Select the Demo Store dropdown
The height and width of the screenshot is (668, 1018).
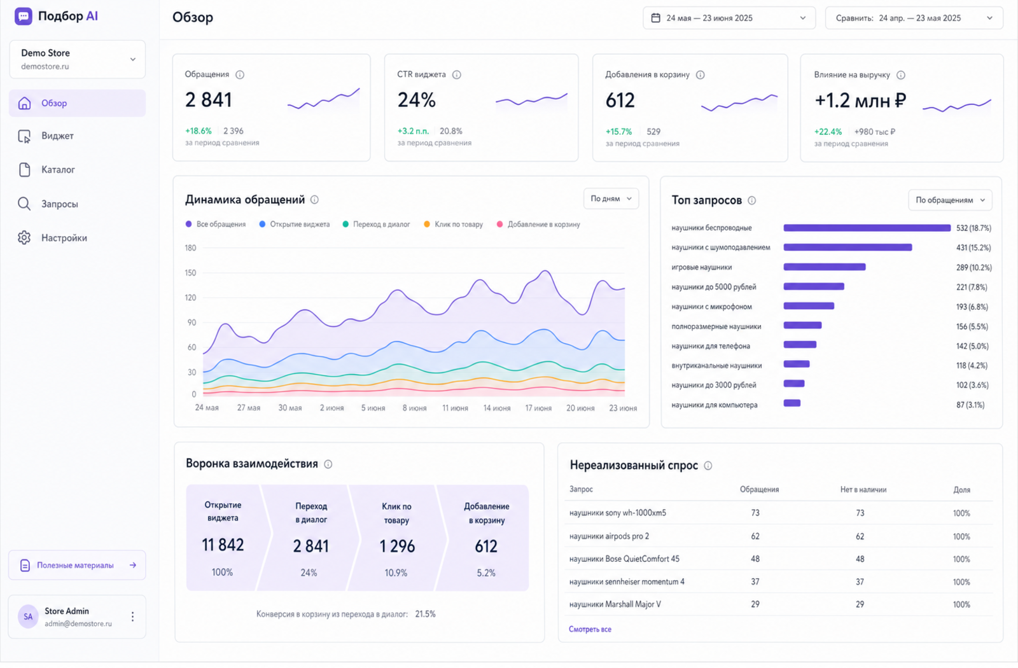[x=77, y=59]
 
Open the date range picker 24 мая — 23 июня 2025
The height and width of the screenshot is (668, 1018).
[x=729, y=18]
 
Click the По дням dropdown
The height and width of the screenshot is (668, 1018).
[x=611, y=198]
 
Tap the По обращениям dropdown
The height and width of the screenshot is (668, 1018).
[x=950, y=200]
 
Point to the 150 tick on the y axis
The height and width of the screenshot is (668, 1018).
[x=190, y=273]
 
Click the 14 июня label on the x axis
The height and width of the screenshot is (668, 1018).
[x=497, y=408]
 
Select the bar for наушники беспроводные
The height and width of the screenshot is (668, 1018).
[x=867, y=228]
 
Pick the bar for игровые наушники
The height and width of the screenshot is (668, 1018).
[x=825, y=267]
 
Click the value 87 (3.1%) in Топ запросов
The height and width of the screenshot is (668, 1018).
[x=970, y=405]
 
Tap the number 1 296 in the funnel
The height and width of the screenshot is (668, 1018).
[x=397, y=546]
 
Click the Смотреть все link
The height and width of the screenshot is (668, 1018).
[x=590, y=629]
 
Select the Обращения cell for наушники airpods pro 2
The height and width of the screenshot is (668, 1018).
[x=755, y=536]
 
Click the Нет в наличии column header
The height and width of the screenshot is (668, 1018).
[x=863, y=489]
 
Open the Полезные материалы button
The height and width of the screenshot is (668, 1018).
[x=77, y=566]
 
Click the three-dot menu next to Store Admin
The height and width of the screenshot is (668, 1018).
[x=133, y=616]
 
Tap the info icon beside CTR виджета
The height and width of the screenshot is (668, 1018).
[x=457, y=74]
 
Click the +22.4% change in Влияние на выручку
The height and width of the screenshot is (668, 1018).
[x=828, y=132]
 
